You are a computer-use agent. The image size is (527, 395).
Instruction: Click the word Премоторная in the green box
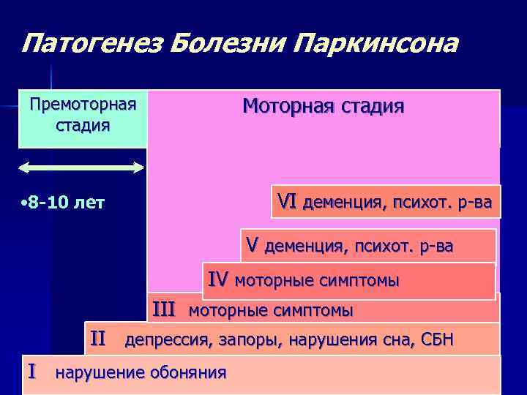point(83,104)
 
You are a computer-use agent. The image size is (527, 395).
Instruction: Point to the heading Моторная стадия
point(323,107)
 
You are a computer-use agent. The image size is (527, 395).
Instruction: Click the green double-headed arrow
point(82,168)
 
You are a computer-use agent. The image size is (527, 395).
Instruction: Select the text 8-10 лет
point(64,202)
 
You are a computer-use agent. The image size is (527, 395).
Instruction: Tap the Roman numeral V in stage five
point(252,245)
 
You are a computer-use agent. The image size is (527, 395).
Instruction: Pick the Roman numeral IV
point(218,279)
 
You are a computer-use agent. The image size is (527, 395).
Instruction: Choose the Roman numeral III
point(164,309)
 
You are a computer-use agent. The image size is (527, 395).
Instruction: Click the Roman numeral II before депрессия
point(98,339)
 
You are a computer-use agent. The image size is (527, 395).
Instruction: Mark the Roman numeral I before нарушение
point(31,372)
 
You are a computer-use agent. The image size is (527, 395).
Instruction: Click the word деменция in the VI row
point(341,202)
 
